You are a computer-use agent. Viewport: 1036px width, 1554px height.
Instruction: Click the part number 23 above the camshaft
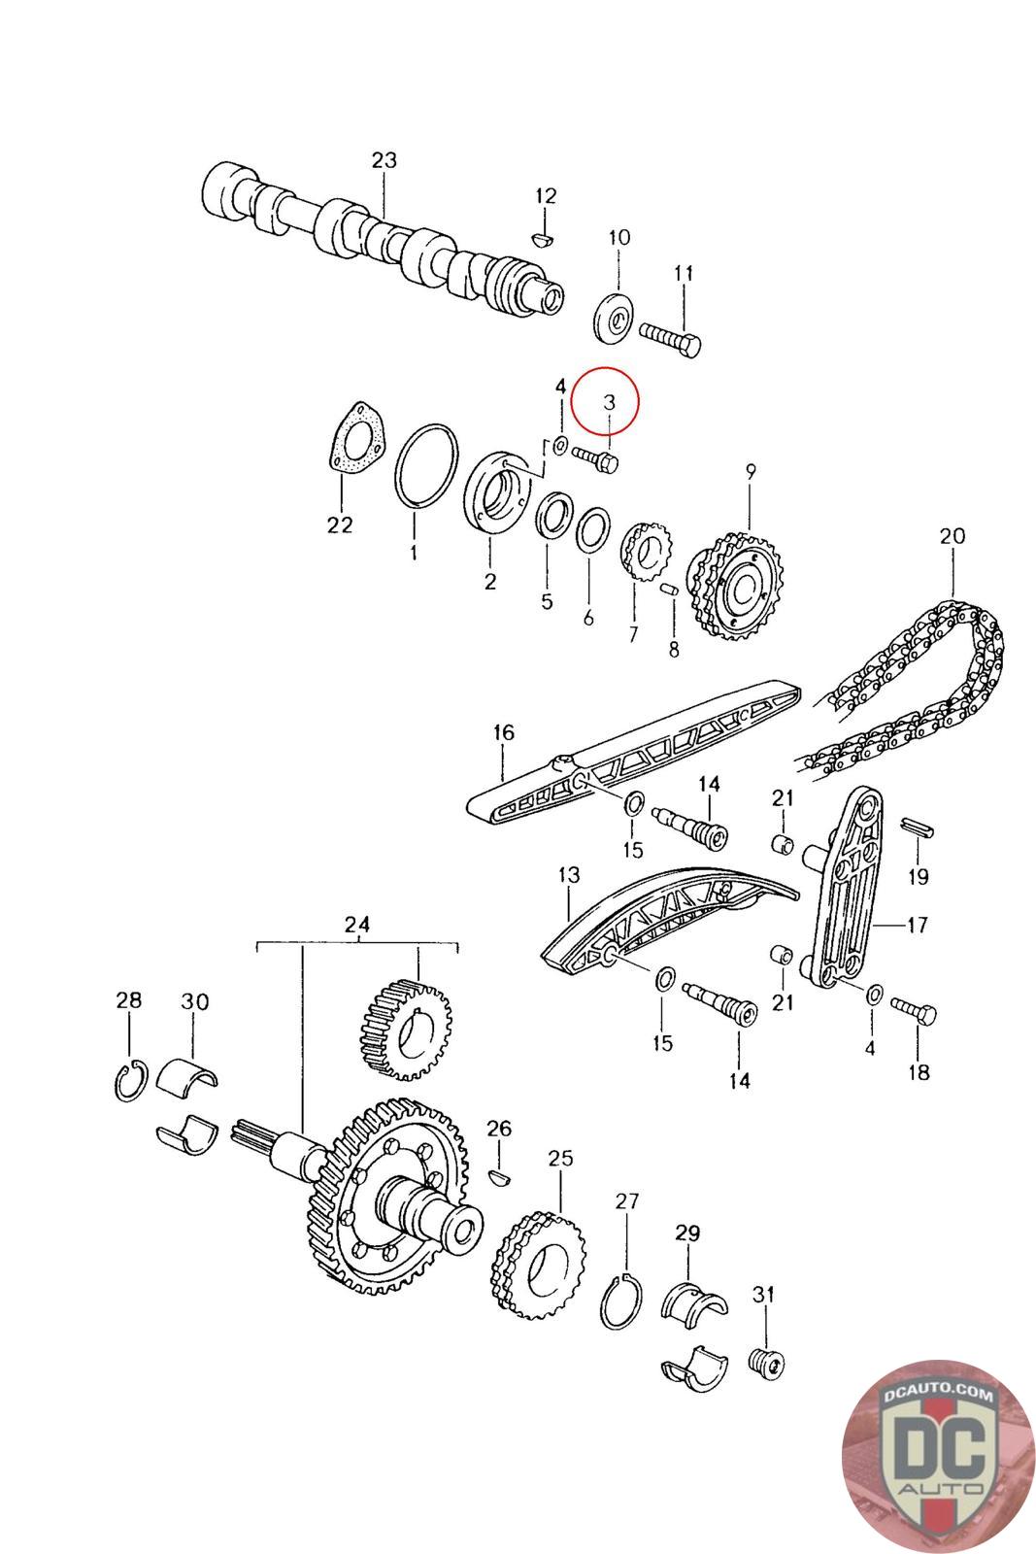point(384,160)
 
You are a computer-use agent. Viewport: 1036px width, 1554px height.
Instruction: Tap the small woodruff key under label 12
point(544,236)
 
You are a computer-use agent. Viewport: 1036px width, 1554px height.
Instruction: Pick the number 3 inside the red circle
point(609,401)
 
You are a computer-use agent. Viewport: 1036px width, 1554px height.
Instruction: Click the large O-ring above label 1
point(426,464)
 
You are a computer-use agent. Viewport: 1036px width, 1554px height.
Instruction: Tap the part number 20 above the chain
point(952,535)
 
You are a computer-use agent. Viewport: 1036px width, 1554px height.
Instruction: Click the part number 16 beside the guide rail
point(503,733)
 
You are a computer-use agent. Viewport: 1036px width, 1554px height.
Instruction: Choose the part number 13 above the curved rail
point(568,875)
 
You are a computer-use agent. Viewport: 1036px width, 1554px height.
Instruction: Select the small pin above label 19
point(918,827)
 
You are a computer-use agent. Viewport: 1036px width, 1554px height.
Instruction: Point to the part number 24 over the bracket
point(357,926)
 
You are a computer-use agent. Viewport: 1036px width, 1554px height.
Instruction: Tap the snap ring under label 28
point(128,1082)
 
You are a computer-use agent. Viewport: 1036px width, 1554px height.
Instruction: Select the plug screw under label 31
point(766,1362)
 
